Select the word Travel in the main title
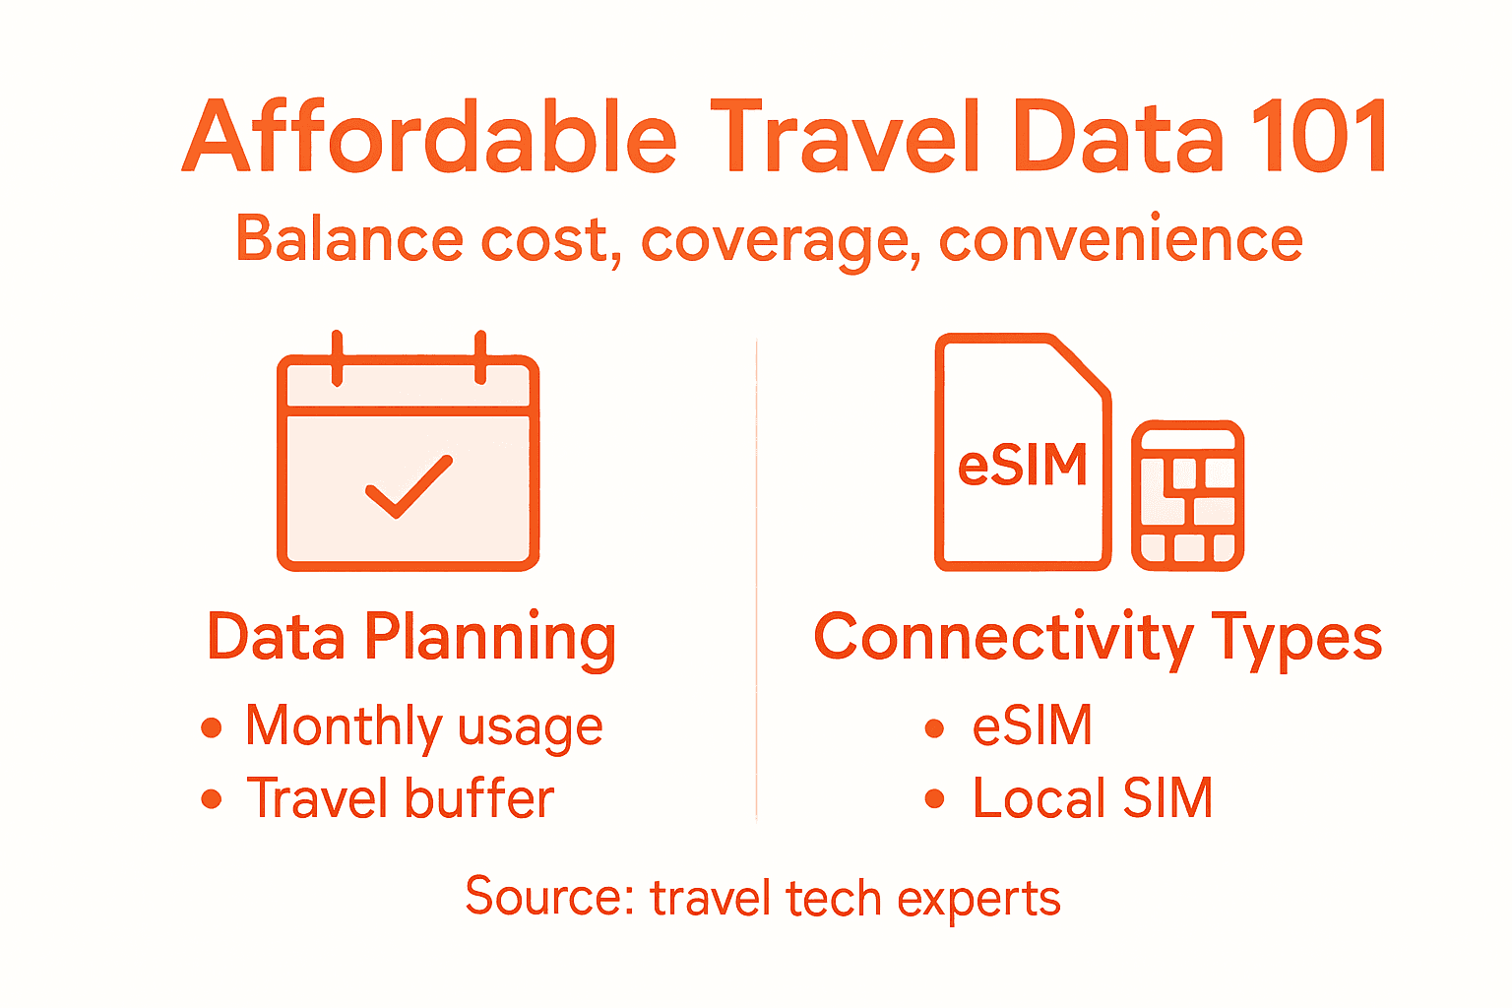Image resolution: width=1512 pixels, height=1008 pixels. pos(845,138)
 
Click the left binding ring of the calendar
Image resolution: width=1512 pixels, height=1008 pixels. pos(337,356)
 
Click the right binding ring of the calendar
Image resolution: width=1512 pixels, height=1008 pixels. pos(480,356)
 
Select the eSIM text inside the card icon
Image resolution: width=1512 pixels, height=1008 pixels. pos(1023,465)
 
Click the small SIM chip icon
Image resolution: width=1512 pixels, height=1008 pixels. pos(1187,495)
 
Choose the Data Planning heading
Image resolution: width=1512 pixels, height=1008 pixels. pos(411,638)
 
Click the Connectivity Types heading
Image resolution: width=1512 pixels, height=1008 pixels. pos(1098,638)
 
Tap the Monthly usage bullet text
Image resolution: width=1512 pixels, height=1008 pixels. pos(423,727)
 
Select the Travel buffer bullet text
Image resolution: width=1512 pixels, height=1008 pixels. pos(400,798)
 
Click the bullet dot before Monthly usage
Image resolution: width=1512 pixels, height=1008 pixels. pos(211,728)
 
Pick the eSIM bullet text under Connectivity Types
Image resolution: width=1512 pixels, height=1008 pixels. pos(1032,726)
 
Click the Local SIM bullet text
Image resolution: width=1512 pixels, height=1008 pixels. pos(1092,798)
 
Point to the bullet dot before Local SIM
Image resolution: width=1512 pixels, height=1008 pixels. pos(934,799)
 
